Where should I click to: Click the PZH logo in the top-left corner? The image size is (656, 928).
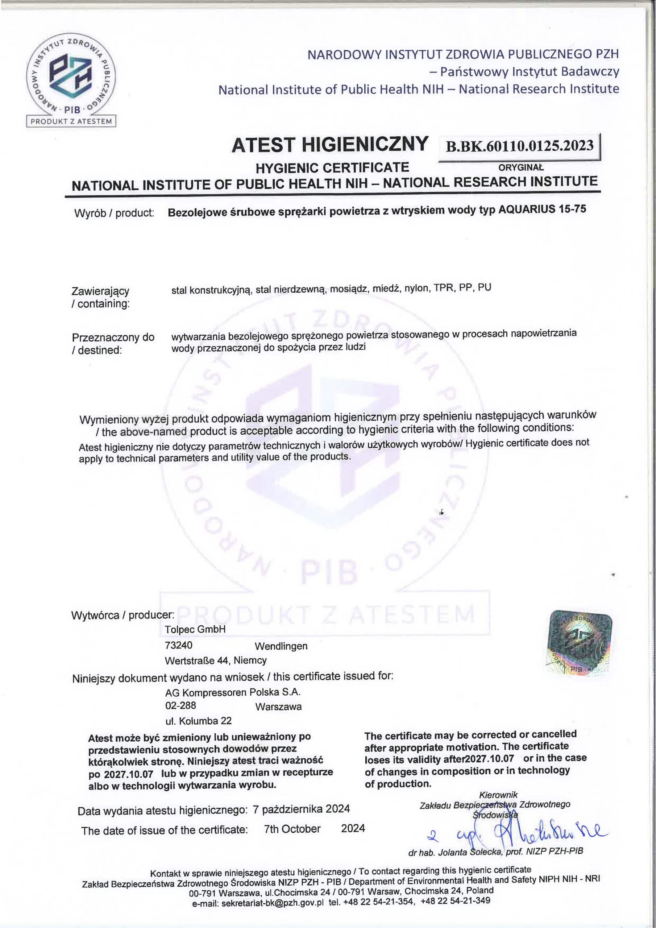click(x=71, y=75)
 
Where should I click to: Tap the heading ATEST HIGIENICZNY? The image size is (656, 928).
click(x=330, y=145)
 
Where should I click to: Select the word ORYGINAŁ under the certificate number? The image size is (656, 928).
click(x=521, y=168)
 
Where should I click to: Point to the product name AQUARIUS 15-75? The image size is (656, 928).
click(x=543, y=210)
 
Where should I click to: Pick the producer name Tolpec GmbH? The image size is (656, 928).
click(x=195, y=629)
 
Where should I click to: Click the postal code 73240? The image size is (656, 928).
click(x=179, y=645)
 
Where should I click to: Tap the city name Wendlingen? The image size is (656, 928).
click(x=281, y=646)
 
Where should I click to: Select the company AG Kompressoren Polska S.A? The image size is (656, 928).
click(x=233, y=692)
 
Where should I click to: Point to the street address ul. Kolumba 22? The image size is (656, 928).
click(x=199, y=721)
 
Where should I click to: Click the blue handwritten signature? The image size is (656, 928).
click(x=526, y=834)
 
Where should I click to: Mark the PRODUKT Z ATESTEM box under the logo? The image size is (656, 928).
click(x=71, y=121)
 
